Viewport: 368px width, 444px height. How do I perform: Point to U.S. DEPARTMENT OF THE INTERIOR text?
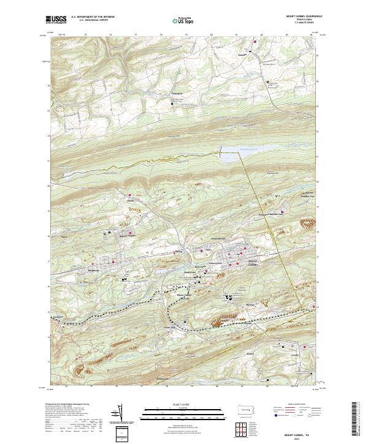point(93,17)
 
